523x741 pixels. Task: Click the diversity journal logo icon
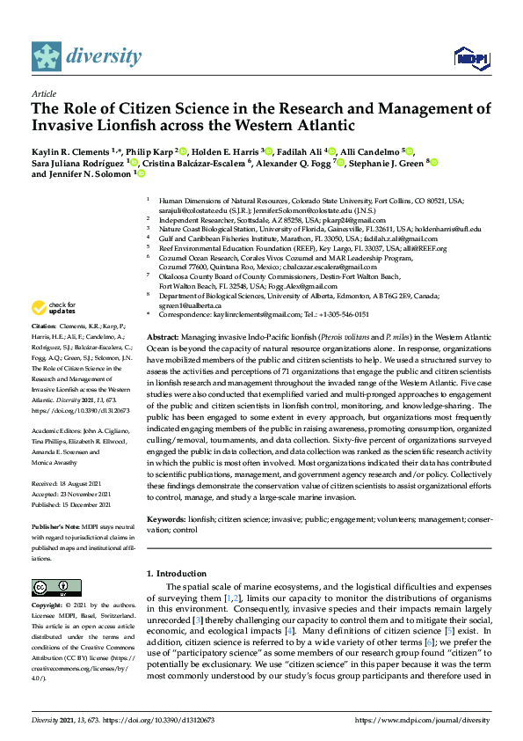pos(47,56)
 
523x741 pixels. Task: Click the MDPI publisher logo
pos(471,59)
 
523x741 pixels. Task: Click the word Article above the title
pos(44,92)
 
